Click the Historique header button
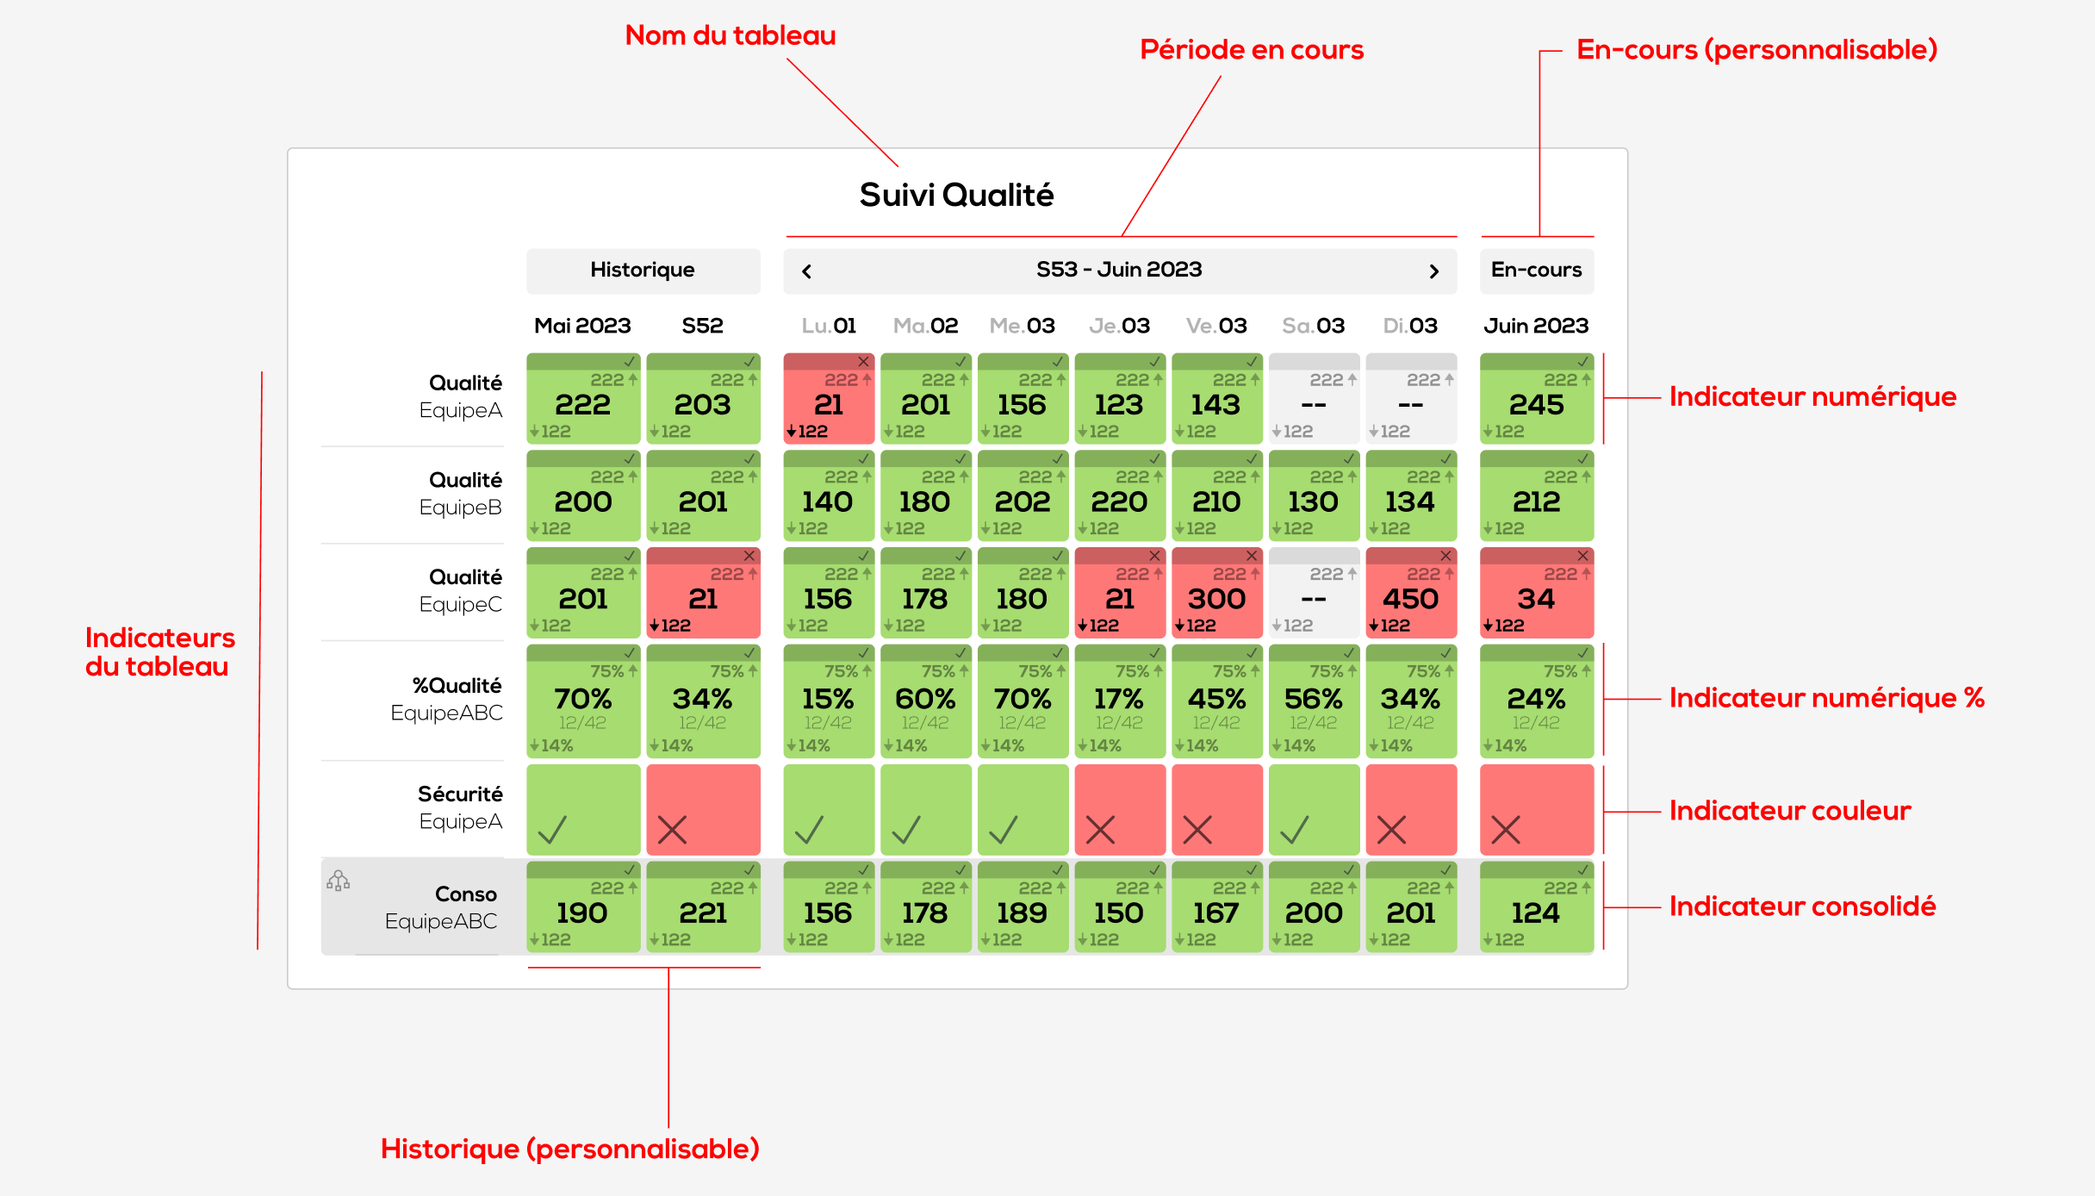[643, 271]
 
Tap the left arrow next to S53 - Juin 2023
[806, 271]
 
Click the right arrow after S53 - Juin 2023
[1433, 271]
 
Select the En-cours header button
[1536, 271]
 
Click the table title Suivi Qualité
[956, 196]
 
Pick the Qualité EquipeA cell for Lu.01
[829, 399]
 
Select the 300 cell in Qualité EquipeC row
[1216, 595]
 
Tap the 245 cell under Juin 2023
[1536, 399]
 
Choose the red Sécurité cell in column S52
[703, 810]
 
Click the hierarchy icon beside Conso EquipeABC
[339, 881]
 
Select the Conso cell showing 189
[1023, 908]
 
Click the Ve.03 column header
[1216, 326]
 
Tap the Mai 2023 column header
[582, 326]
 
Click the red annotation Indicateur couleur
[1789, 811]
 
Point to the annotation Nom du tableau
[730, 35]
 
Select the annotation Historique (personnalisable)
[569, 1149]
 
